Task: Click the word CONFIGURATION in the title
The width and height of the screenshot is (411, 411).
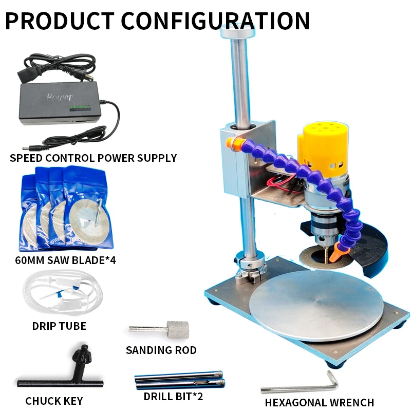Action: pyautogui.click(x=216, y=20)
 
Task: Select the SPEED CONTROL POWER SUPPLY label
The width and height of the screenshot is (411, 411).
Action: pyautogui.click(x=93, y=158)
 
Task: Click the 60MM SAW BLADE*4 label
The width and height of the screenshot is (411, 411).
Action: pyautogui.click(x=66, y=260)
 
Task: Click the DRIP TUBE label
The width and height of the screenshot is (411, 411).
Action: pyautogui.click(x=59, y=326)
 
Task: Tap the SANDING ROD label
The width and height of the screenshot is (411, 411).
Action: pyautogui.click(x=161, y=350)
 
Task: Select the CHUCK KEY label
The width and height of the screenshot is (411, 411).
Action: pyautogui.click(x=54, y=401)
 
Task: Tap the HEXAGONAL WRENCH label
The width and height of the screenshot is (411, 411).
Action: pyautogui.click(x=319, y=402)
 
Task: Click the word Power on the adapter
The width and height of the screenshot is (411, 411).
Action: pyautogui.click(x=60, y=97)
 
